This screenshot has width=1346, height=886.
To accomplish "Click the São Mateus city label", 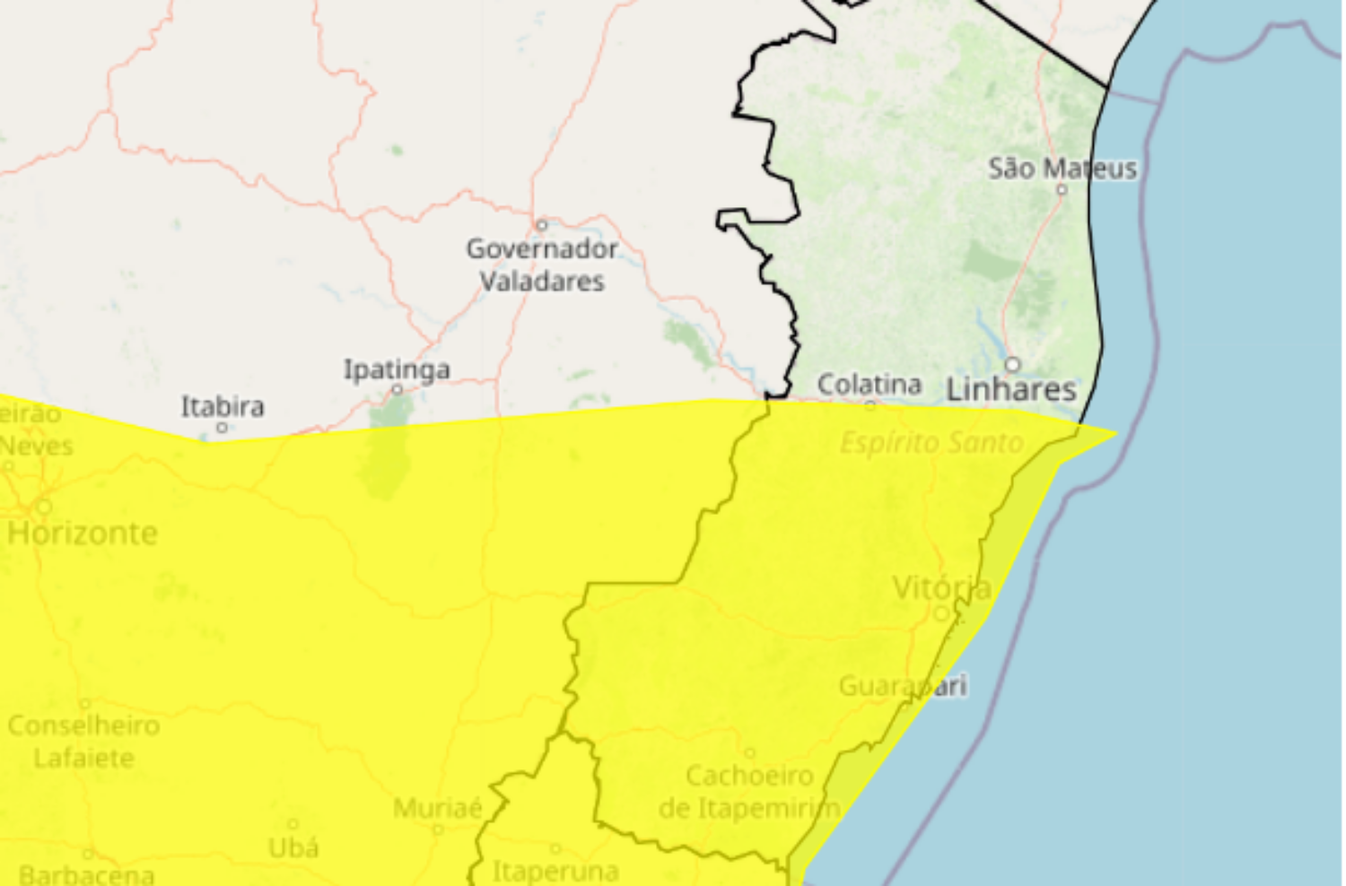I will click(x=1062, y=169).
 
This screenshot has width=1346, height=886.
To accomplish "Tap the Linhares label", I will click(x=1011, y=390).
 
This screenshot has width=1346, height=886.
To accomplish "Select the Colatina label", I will click(x=869, y=385).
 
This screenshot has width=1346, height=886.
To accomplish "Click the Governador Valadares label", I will click(x=542, y=265).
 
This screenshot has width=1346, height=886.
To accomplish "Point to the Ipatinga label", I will click(x=397, y=369).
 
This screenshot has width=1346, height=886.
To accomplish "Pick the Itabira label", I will click(x=223, y=407).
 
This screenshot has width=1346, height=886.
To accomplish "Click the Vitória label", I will click(x=942, y=588).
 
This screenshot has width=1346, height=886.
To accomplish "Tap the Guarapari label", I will click(x=903, y=687).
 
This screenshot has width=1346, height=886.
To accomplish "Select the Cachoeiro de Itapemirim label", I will click(x=749, y=792).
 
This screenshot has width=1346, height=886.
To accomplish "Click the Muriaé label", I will click(x=438, y=808).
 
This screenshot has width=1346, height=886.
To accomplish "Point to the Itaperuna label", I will click(x=555, y=871).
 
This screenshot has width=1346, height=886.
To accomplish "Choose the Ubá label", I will click(x=293, y=847).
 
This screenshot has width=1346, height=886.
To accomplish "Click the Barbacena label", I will click(x=86, y=874).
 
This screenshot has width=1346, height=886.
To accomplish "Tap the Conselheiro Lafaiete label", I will click(x=84, y=742).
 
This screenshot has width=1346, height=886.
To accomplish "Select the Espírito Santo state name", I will click(x=931, y=443).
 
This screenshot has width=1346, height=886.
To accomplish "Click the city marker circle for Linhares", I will click(x=1013, y=365).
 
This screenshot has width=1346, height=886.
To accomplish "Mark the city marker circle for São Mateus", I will click(x=1062, y=190).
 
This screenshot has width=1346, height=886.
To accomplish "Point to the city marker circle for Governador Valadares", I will click(x=541, y=225).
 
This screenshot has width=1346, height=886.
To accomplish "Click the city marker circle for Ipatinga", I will click(x=397, y=390).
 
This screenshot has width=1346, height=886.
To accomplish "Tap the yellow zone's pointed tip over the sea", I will click(x=1115, y=433).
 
